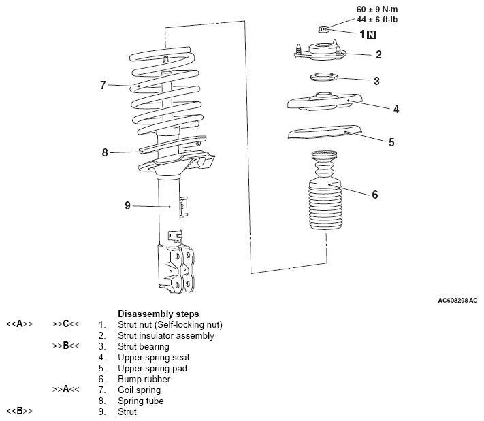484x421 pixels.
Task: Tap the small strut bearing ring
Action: tap(323, 78)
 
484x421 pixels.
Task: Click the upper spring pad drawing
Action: tap(323, 134)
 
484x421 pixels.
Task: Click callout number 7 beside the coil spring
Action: tap(103, 85)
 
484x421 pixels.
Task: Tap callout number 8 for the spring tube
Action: tap(105, 152)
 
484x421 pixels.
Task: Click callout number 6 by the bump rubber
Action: tap(374, 194)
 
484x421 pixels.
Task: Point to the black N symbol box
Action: tap(371, 33)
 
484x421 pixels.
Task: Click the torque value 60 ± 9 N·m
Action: tap(377, 10)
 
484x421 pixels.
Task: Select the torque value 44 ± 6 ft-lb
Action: tap(377, 20)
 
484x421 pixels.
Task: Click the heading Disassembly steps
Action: tap(158, 314)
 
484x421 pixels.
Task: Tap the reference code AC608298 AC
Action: tap(457, 300)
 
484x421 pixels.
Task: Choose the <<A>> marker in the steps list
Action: tap(20, 324)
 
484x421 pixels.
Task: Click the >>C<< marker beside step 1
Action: tap(66, 324)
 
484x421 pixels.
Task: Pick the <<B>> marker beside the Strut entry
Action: tap(20, 411)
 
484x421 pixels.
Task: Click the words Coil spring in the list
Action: tap(139, 390)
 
